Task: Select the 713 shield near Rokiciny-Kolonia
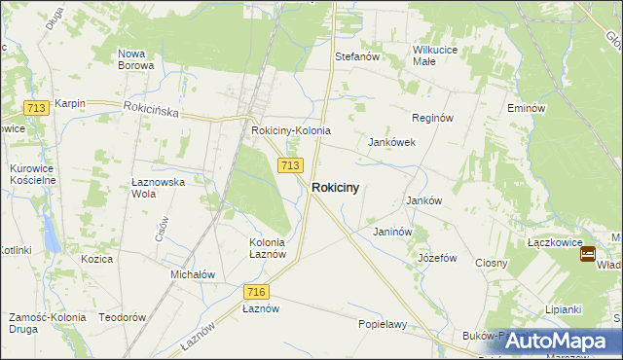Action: point(289,166)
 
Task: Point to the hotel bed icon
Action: point(588,254)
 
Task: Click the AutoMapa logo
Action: point(550,341)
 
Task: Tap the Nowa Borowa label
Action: point(135,59)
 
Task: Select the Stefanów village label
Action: point(356,57)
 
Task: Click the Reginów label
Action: point(433,118)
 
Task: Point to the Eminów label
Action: point(524,108)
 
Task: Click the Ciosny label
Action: point(492,263)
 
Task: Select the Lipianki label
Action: point(564,309)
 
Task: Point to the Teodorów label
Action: point(122,318)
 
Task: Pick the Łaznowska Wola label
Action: point(158,188)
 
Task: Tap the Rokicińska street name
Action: point(152,112)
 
